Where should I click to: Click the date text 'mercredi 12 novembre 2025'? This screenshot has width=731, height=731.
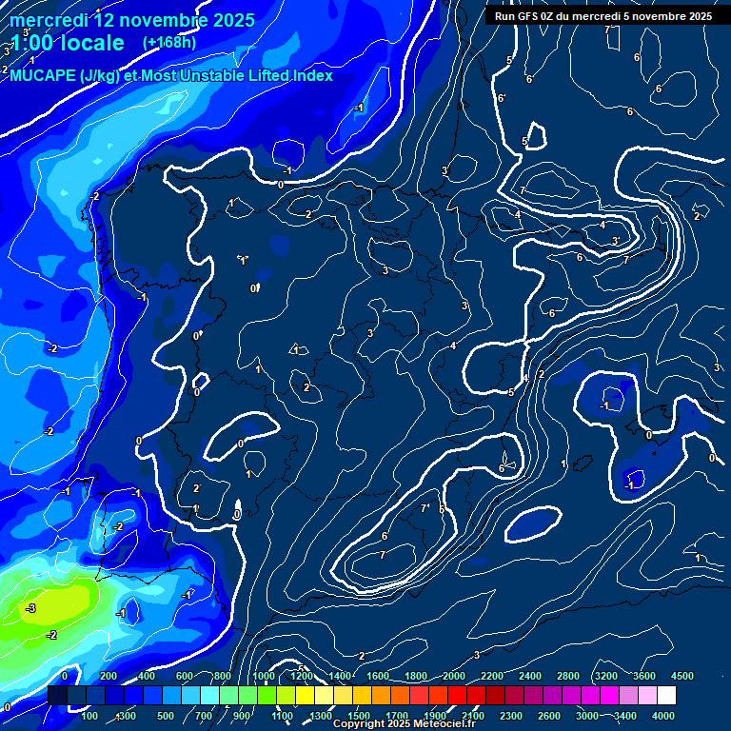(132, 20)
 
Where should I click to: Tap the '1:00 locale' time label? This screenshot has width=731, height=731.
(68, 43)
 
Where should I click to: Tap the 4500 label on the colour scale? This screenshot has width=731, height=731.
(682, 676)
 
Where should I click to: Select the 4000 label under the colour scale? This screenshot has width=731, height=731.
(663, 715)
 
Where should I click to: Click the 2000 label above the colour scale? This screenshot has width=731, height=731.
(454, 676)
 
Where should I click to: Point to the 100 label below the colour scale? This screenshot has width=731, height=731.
(89, 715)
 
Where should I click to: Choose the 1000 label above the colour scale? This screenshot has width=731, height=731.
(264, 676)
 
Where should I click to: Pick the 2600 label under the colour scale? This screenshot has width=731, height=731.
(549, 715)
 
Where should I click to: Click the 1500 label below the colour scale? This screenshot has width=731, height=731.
(359, 715)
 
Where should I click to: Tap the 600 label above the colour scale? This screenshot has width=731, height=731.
(185, 676)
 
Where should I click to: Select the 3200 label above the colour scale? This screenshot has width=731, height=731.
(606, 676)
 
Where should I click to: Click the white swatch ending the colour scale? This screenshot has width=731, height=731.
(666, 696)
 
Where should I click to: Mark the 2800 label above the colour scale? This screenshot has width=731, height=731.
(568, 676)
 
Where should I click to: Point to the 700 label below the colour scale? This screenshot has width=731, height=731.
(204, 715)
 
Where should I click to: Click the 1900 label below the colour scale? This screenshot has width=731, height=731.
(435, 715)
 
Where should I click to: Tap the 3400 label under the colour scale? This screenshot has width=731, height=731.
(625, 715)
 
